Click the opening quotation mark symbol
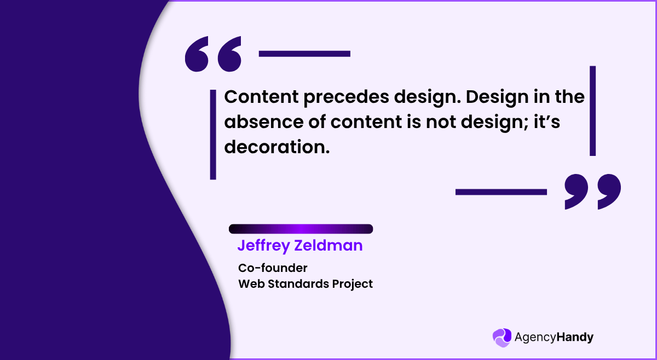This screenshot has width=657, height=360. tap(214, 54)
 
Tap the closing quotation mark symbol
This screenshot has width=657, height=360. tap(593, 191)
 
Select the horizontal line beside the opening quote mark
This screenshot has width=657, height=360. tap(304, 54)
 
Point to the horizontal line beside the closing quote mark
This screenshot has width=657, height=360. tap(501, 191)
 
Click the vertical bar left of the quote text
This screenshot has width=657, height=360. tap(213, 135)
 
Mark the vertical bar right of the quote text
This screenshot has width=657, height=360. tap(592, 111)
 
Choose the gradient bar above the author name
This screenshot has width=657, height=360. tap(301, 229)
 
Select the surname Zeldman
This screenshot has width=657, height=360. tap(328, 246)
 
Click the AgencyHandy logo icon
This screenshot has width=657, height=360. tap(502, 338)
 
